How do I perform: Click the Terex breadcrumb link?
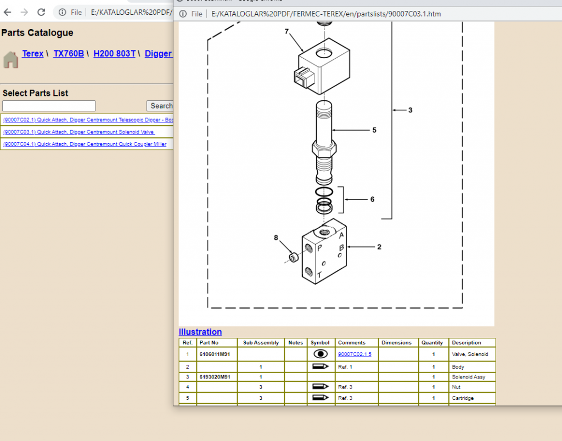tap(32, 54)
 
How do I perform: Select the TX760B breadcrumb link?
tap(69, 54)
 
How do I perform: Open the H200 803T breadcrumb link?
tap(114, 54)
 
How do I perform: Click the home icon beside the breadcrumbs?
tap(10, 59)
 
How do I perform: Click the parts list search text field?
tap(49, 106)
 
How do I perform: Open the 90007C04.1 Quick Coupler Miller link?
tap(85, 144)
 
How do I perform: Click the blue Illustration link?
tap(200, 332)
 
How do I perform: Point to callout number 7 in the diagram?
tap(286, 31)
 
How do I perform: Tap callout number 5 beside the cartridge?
tap(374, 131)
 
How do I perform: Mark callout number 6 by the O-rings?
tap(372, 200)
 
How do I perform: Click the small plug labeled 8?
tap(294, 257)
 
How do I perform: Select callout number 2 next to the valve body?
tap(379, 247)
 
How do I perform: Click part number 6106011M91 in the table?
tap(215, 354)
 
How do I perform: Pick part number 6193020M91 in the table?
tap(215, 377)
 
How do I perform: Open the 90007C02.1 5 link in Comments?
tap(355, 354)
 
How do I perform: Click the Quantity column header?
tap(432, 343)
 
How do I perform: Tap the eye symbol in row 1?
tap(320, 354)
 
